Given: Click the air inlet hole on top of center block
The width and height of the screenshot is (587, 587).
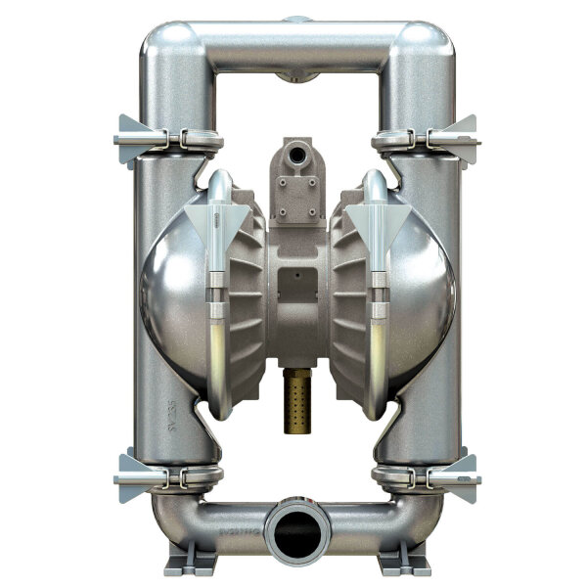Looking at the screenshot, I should (x=293, y=154).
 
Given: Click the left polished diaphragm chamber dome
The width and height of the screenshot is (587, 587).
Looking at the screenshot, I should (x=171, y=293).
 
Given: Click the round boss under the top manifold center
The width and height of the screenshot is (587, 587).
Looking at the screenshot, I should (x=294, y=76).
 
